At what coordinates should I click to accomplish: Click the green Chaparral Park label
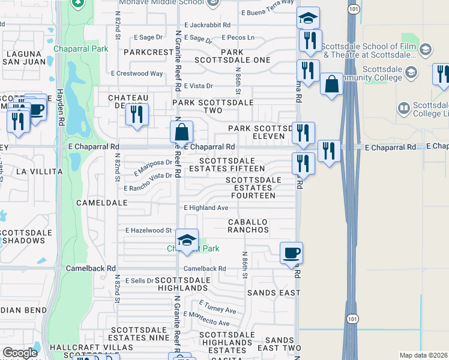tap(80, 48)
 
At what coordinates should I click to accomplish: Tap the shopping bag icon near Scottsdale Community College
tap(331, 85)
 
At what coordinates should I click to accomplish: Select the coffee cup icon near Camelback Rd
tap(292, 253)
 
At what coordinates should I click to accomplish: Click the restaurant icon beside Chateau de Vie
tap(137, 114)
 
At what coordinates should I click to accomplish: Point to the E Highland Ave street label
tap(206, 208)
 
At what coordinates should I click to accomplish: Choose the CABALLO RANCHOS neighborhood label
tap(248, 226)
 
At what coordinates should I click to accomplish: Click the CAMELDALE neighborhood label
tap(102, 203)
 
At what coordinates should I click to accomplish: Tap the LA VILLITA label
tap(39, 172)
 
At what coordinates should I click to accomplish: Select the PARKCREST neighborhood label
tap(149, 52)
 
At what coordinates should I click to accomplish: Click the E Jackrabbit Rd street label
tap(208, 25)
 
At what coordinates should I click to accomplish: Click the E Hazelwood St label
tap(149, 230)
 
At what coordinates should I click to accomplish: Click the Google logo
tap(20, 353)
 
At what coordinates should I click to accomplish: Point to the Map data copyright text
tap(423, 355)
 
